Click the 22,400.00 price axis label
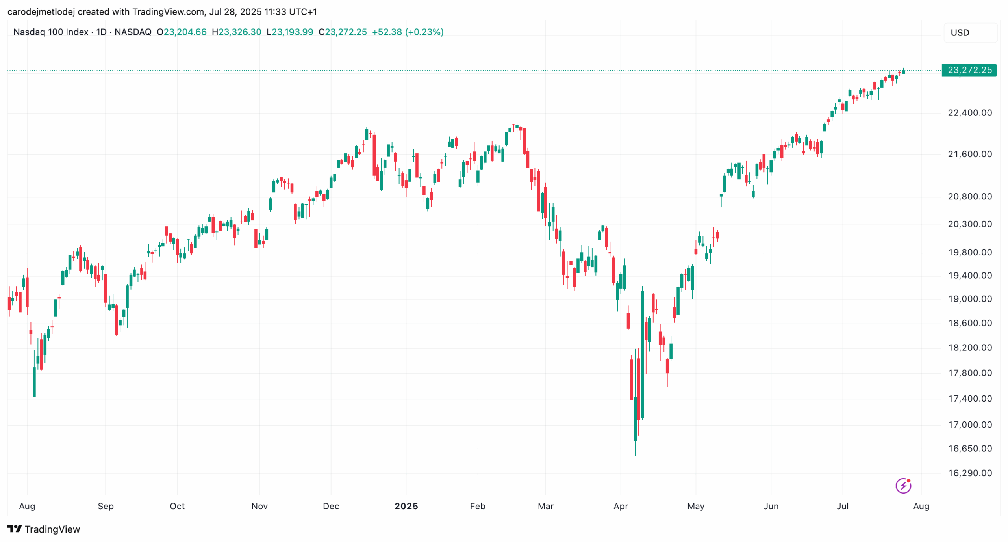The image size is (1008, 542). coord(969,113)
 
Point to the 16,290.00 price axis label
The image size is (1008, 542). coord(969,473)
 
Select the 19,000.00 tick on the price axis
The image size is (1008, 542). coord(969,299)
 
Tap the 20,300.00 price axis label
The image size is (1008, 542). coord(969,224)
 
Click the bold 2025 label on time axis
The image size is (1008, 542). coord(406,506)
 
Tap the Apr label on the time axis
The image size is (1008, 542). coord(621,506)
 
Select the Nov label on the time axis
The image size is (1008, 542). coord(259,506)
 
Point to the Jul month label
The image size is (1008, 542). coord(842,506)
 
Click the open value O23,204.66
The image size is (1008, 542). coord(182,32)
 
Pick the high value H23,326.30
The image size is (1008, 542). coord(236,32)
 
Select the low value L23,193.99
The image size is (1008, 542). coord(290,32)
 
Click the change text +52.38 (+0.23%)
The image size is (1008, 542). coord(408,32)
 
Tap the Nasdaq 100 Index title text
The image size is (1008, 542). coord(51,32)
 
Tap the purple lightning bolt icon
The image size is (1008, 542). coord(903,486)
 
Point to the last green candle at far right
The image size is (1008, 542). coord(904,71)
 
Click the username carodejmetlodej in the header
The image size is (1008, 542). coord(41,12)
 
